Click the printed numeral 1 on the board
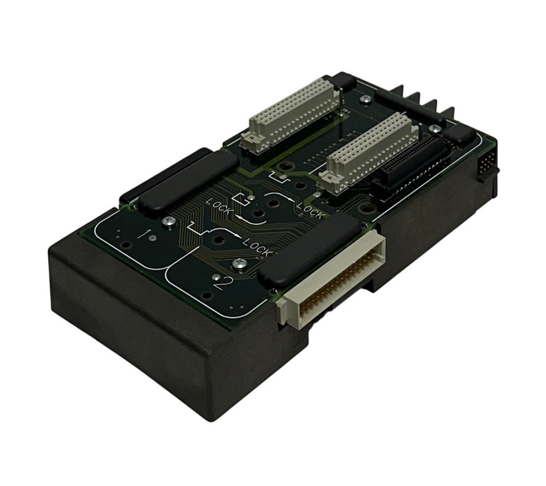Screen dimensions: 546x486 [142, 234]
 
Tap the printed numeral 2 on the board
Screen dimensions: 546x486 [223, 283]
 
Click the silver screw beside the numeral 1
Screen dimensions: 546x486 [169, 221]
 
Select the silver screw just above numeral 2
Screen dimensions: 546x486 [239, 264]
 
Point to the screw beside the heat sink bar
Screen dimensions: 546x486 [365, 99]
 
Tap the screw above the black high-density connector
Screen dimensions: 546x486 [434, 129]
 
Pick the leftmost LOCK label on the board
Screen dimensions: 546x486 [220, 205]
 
